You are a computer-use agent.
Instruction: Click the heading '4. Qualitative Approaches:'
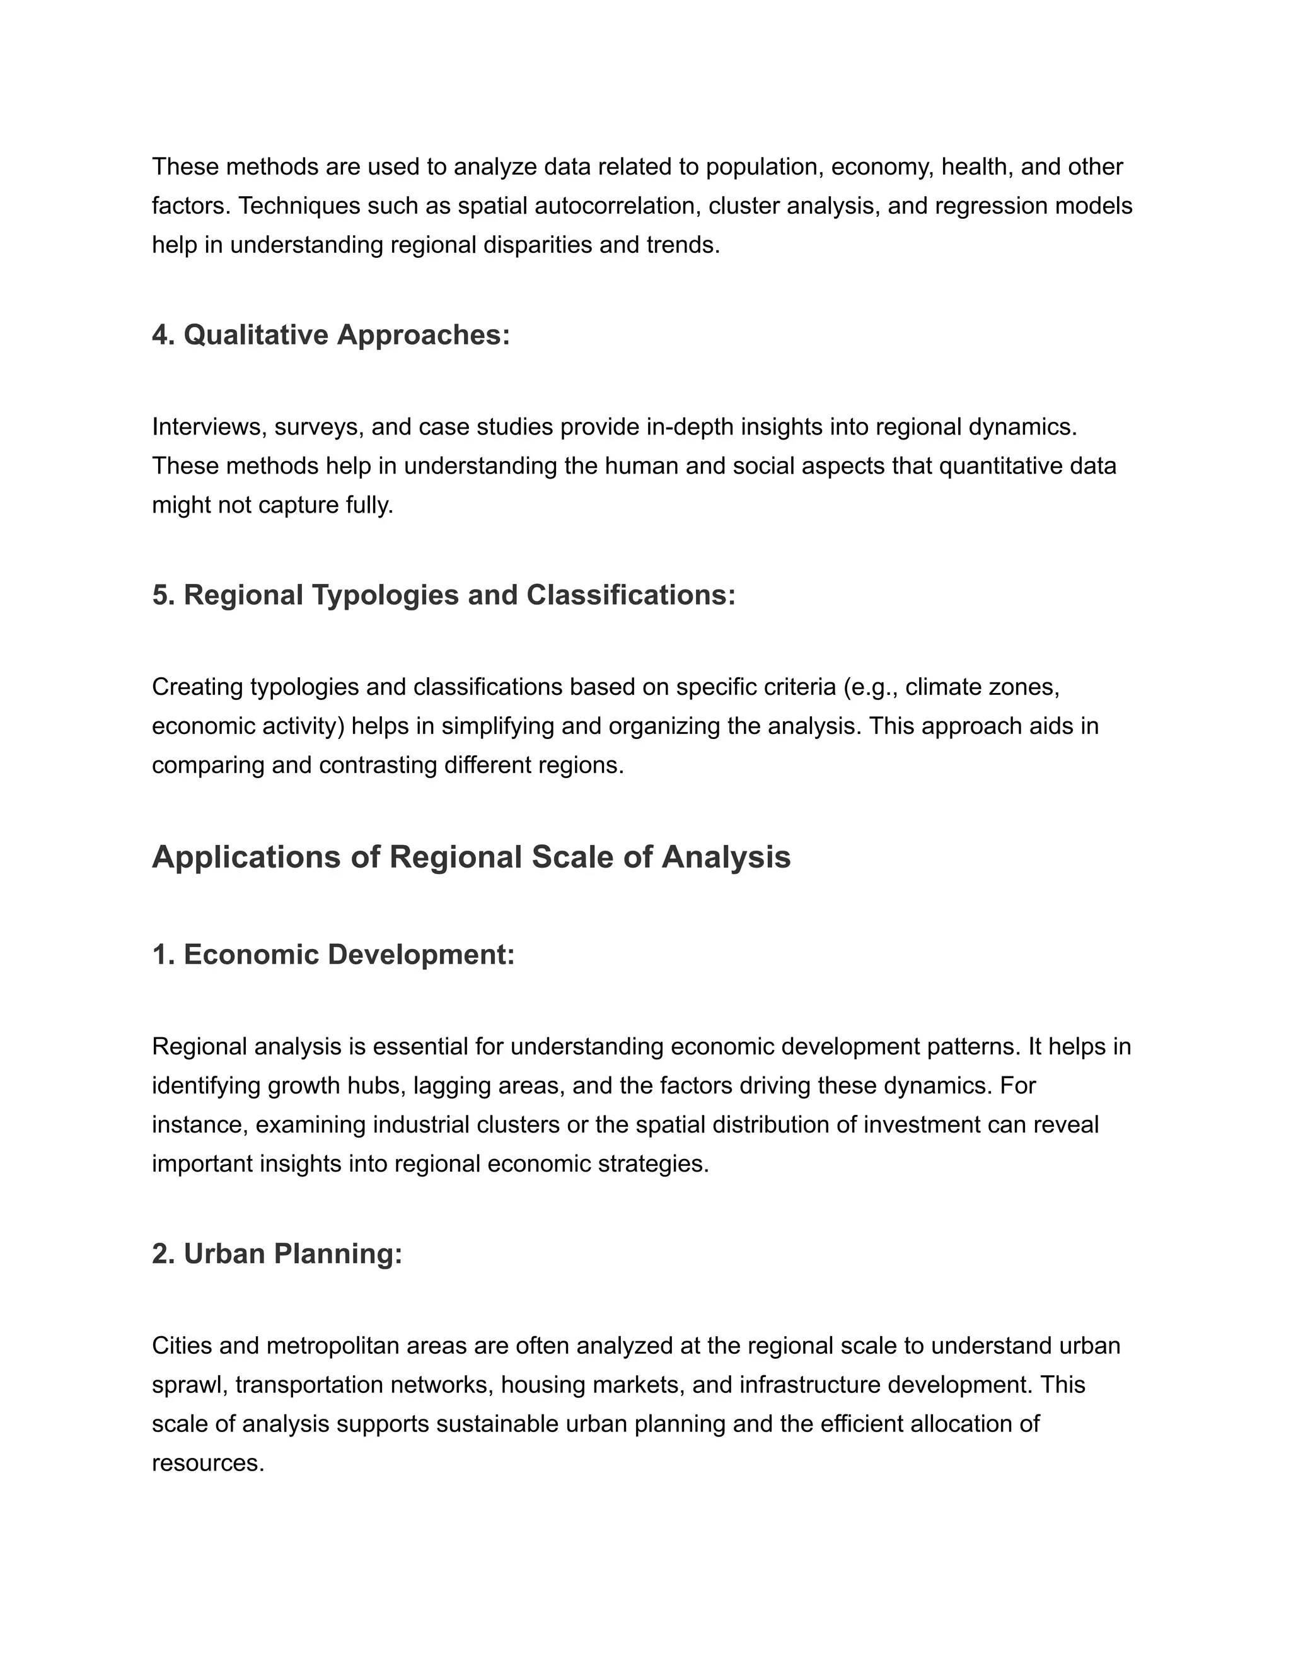pyautogui.click(x=330, y=335)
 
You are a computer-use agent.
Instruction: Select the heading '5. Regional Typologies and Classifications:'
pyautogui.click(x=444, y=595)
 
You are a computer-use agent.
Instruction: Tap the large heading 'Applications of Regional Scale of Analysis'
pyautogui.click(x=471, y=857)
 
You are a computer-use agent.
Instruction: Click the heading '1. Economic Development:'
pyautogui.click(x=333, y=955)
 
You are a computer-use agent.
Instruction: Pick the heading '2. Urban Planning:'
pyautogui.click(x=277, y=1254)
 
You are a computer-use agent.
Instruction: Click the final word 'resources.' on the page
pyautogui.click(x=208, y=1463)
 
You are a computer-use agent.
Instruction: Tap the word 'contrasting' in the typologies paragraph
pyautogui.click(x=378, y=765)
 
